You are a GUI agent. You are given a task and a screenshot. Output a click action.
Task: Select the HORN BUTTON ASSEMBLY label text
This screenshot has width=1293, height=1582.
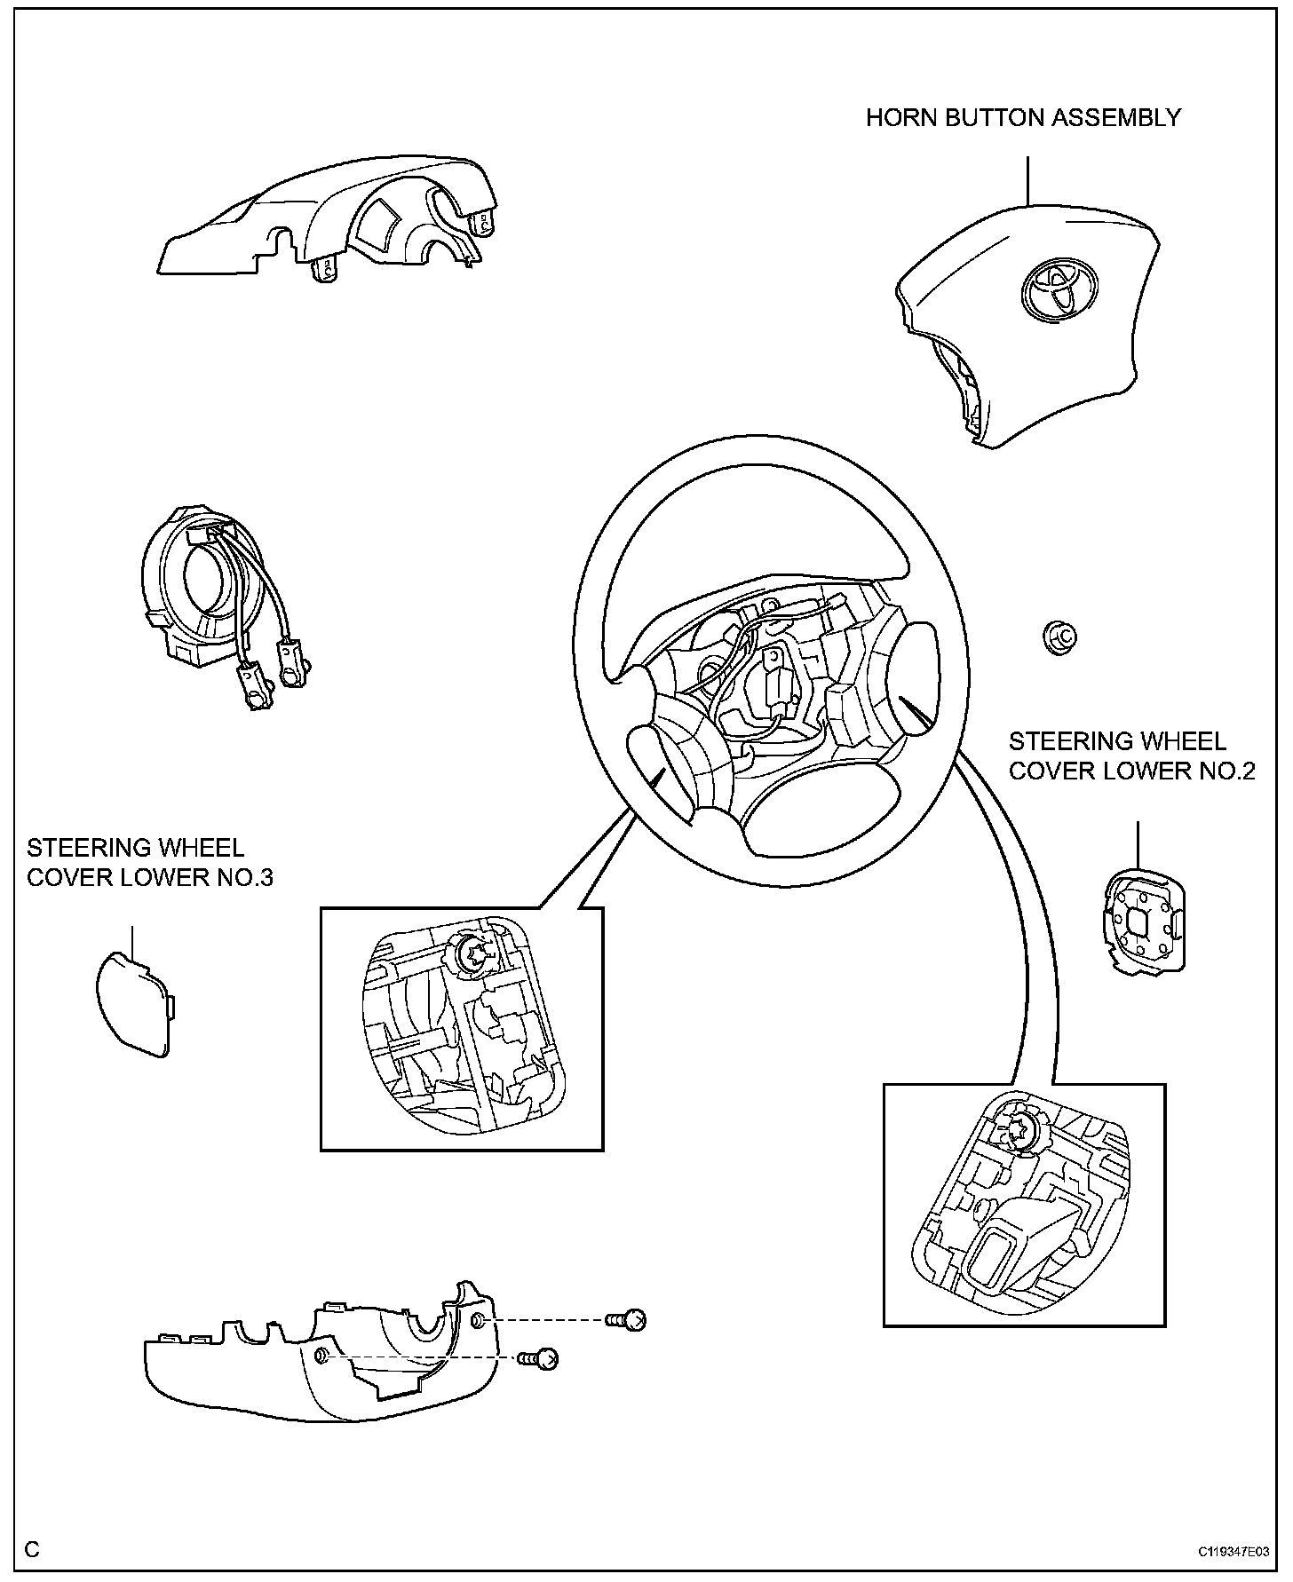pyautogui.click(x=1023, y=118)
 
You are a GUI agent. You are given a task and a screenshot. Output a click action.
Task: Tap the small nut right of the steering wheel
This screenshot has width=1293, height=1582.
pyautogui.click(x=1059, y=637)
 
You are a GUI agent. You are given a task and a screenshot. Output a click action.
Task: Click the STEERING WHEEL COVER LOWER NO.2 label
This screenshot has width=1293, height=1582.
pyautogui.click(x=1131, y=755)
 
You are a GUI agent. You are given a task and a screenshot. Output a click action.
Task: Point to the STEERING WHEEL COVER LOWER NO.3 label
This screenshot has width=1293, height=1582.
pyautogui.click(x=150, y=862)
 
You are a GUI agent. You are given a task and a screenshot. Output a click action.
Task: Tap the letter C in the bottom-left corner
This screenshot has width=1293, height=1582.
pyautogui.click(x=33, y=1550)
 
